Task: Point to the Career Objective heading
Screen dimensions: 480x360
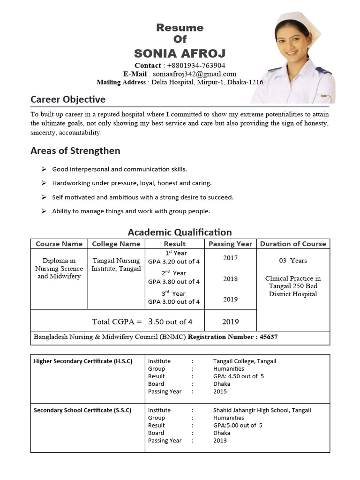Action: coord(68,99)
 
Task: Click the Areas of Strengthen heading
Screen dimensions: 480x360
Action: coord(75,150)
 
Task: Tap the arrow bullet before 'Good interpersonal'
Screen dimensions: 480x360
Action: coord(44,169)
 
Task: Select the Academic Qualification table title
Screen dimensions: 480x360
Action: coord(180,232)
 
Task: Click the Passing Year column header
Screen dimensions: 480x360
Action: coord(230,244)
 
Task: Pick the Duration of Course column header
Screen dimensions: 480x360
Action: coord(293,244)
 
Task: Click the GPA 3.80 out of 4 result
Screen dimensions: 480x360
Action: coord(174,282)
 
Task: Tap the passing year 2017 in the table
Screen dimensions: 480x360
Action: coord(230,258)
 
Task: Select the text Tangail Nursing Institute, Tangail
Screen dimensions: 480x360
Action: coord(116,264)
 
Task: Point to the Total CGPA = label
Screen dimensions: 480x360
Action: coord(117,322)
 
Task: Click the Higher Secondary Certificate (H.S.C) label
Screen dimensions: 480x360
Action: coord(83,361)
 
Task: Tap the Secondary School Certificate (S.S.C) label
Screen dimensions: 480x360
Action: coord(82,410)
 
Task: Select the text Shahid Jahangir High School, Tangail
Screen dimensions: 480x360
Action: coord(262,410)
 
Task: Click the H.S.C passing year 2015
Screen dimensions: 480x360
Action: coord(220,391)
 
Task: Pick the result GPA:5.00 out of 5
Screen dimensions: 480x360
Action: coord(238,425)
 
